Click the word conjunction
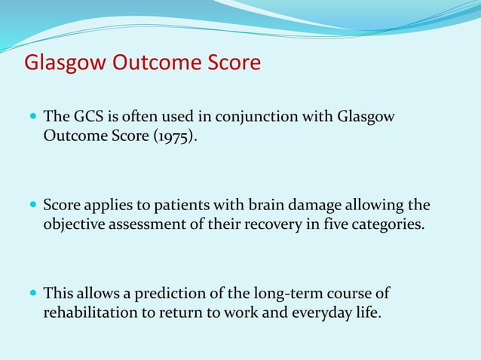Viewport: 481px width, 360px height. tap(253, 117)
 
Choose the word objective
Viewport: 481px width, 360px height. tap(75, 225)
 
